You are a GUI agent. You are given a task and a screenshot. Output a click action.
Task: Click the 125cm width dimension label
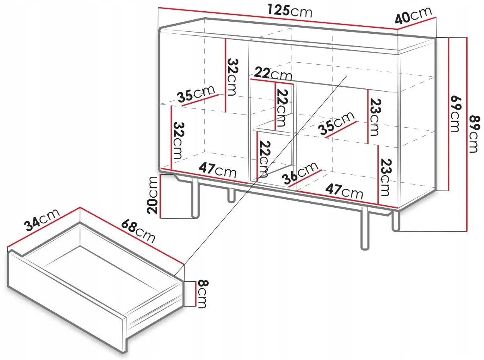coord(290,11)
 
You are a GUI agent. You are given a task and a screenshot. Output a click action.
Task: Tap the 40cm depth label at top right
coord(413,15)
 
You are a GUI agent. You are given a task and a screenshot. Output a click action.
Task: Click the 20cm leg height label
coord(152,195)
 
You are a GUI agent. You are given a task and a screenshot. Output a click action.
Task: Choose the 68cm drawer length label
coord(138,231)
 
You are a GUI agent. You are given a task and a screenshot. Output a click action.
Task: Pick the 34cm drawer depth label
coord(42,220)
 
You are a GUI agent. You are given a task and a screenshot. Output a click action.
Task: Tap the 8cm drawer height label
coord(203,294)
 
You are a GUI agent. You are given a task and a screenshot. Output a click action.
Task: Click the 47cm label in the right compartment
coord(344,191)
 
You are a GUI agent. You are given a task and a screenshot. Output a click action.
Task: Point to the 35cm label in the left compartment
coord(196,94)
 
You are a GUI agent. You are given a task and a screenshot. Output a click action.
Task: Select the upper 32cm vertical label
coord(232,77)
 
